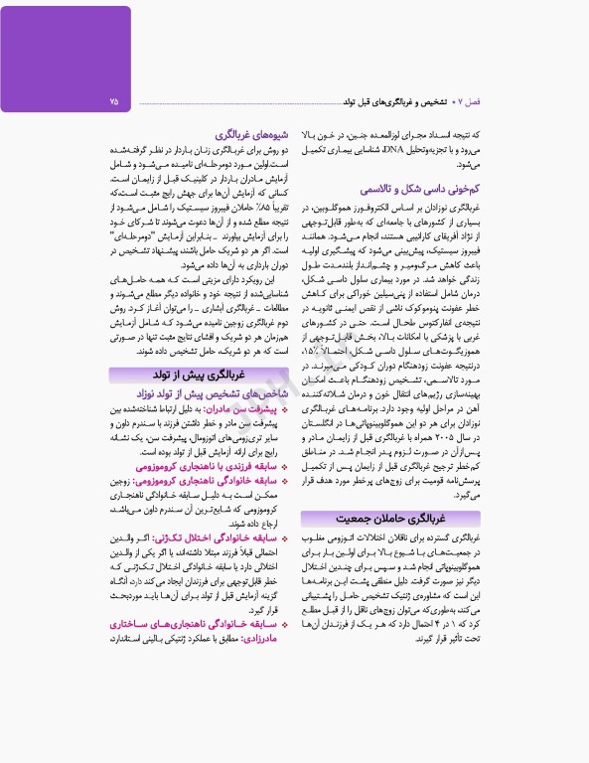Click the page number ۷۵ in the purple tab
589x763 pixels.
[x=114, y=101]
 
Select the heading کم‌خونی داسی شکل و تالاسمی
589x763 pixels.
[x=418, y=189]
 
